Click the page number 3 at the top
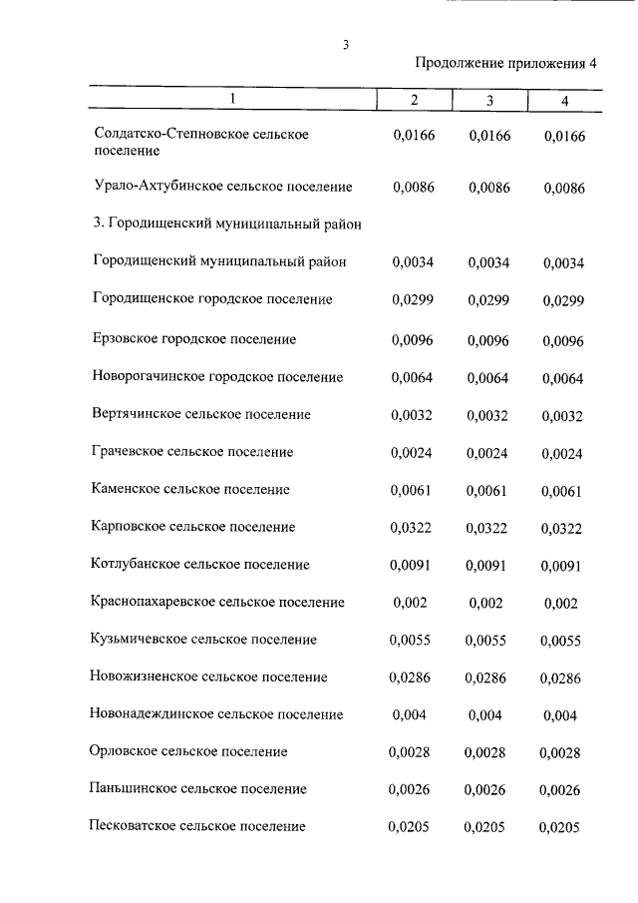(x=345, y=44)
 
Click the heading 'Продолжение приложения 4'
(x=505, y=64)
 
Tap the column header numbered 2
(x=414, y=101)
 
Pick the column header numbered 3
(x=489, y=101)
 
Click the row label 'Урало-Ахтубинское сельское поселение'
(x=222, y=187)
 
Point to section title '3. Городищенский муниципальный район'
(x=226, y=225)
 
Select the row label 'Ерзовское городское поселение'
(x=194, y=339)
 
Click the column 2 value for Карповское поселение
(x=412, y=527)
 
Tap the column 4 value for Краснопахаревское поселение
(x=562, y=604)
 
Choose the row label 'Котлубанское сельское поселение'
(x=200, y=565)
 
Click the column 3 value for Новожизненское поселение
(x=485, y=677)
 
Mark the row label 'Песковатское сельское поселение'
(x=198, y=826)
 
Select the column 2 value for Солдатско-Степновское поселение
(x=414, y=135)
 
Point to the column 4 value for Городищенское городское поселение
(x=562, y=301)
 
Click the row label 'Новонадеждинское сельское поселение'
(x=216, y=714)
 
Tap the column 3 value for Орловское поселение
(x=486, y=752)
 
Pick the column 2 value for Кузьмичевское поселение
(x=412, y=641)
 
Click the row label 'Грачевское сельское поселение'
(x=192, y=452)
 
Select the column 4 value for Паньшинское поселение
(x=562, y=790)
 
